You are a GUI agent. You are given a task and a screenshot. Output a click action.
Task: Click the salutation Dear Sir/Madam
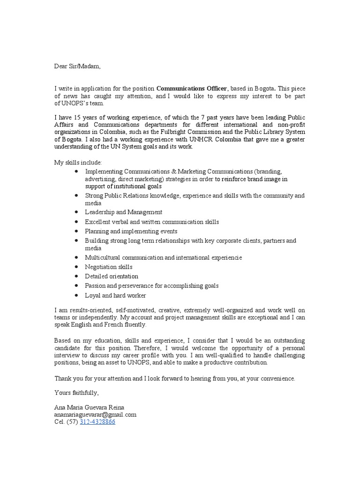[x=77, y=66]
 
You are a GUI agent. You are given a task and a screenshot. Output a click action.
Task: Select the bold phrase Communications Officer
[x=192, y=89]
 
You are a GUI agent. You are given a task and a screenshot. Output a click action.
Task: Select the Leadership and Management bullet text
[x=124, y=212]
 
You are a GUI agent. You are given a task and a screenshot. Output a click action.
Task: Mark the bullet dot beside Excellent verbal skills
[x=76, y=222]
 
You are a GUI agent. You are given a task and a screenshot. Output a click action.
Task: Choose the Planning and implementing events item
[x=131, y=231]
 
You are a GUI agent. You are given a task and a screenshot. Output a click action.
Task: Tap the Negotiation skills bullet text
[x=109, y=267]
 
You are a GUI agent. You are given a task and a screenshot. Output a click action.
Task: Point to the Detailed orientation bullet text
[x=112, y=277]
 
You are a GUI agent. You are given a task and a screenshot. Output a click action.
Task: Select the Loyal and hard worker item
[x=115, y=295]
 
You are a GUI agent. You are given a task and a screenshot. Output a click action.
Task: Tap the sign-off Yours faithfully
[x=76, y=392]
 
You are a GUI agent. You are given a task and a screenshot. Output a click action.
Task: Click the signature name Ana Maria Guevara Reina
[x=90, y=407]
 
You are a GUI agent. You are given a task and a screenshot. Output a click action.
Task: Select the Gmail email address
[x=95, y=414]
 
